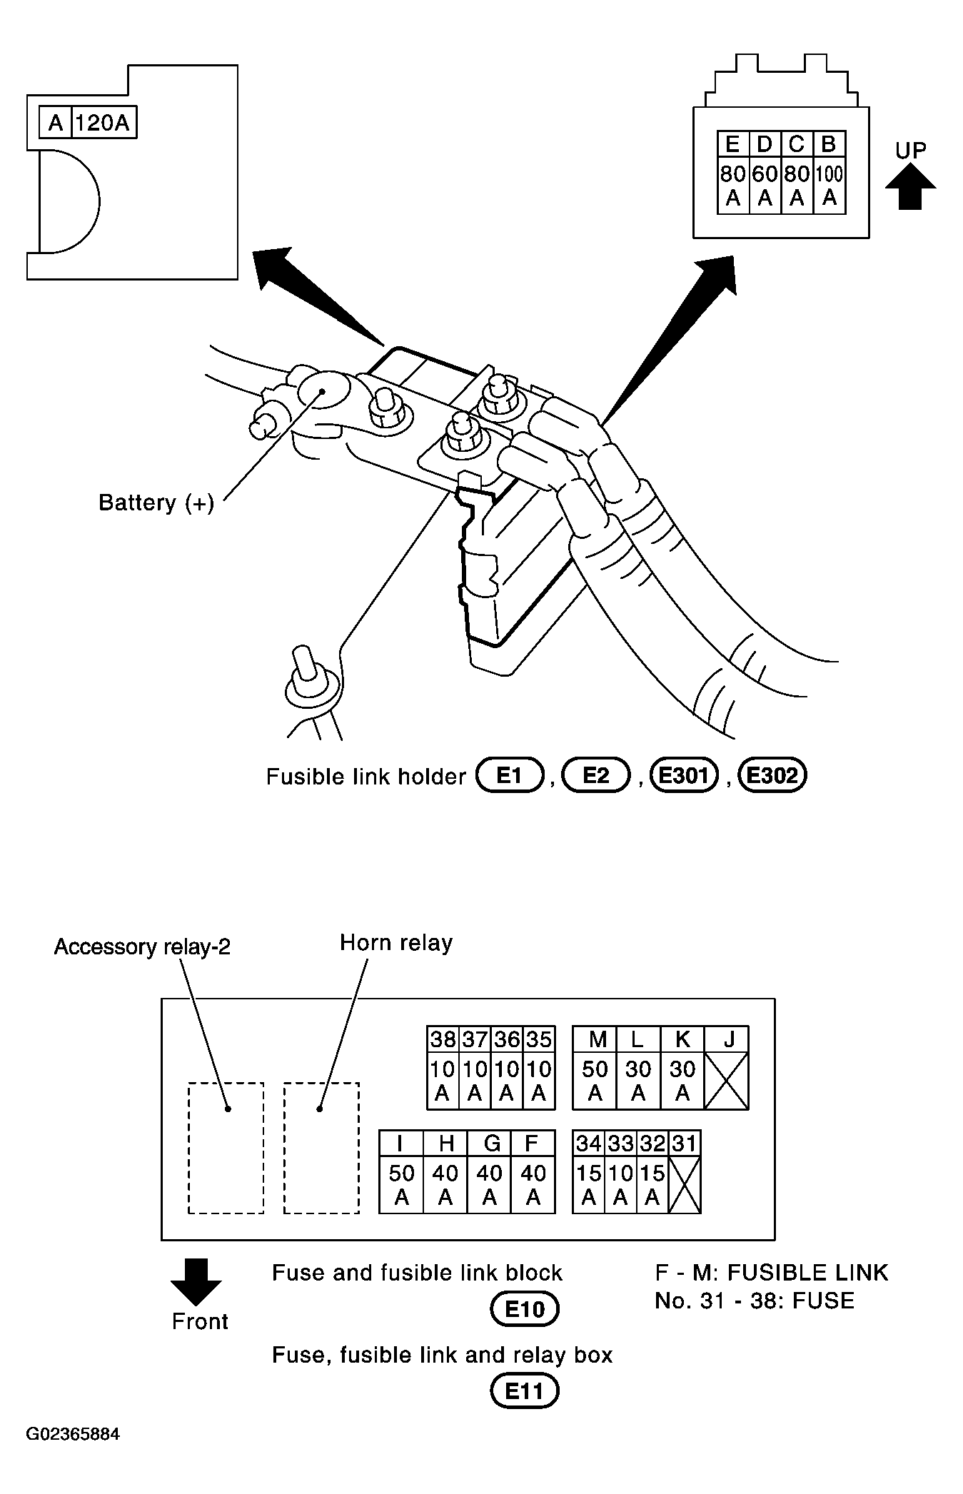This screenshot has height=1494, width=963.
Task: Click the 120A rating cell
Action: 104,123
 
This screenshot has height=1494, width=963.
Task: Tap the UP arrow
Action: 910,186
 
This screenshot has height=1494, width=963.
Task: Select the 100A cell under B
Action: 829,186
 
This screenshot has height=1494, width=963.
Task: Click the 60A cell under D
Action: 765,186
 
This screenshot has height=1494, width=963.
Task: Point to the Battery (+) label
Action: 156,503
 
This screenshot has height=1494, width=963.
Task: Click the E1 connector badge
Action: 510,775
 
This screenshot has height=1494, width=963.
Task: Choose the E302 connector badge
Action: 773,775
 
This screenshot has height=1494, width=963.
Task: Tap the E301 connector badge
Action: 685,775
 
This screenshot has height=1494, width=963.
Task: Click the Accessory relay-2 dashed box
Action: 226,1148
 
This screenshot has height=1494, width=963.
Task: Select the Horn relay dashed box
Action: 321,1148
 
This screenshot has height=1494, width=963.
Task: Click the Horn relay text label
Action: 396,943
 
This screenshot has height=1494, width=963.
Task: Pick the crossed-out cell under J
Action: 727,1080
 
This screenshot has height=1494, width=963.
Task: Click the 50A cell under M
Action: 595,1080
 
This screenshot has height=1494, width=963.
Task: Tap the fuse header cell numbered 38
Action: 443,1039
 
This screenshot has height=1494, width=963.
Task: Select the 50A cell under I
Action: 401,1184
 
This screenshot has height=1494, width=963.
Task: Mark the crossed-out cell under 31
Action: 685,1184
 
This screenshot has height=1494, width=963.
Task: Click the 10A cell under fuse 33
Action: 620,1184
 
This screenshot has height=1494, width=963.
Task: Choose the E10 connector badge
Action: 525,1309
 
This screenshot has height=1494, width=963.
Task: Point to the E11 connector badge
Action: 525,1391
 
